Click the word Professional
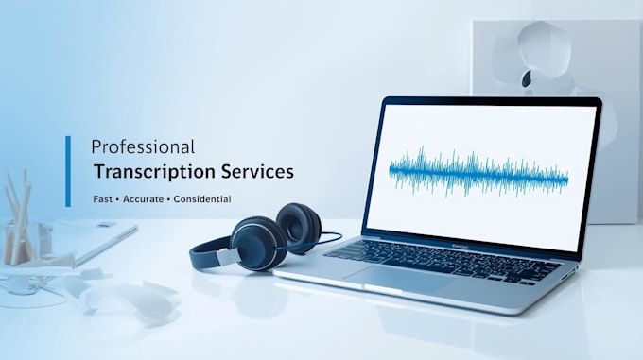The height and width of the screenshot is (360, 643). pos(143,147)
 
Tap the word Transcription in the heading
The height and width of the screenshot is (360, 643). pos(154,172)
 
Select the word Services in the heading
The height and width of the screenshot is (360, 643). pos(257,171)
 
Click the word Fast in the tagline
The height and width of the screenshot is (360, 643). pos(102,199)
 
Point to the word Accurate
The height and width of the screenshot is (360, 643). pos(143,199)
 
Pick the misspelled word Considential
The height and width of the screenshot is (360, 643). pos(202,199)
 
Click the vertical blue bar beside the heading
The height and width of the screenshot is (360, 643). pos(68,171)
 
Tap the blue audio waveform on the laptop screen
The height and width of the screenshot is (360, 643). pos(478,172)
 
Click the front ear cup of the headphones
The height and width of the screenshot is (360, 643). pos(258,243)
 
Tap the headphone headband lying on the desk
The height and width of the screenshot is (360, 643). pos(209,254)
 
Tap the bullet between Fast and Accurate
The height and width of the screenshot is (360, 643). pos(117,199)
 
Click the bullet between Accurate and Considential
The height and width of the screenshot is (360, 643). pos(168,199)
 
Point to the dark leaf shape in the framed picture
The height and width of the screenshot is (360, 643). pos(527,77)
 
